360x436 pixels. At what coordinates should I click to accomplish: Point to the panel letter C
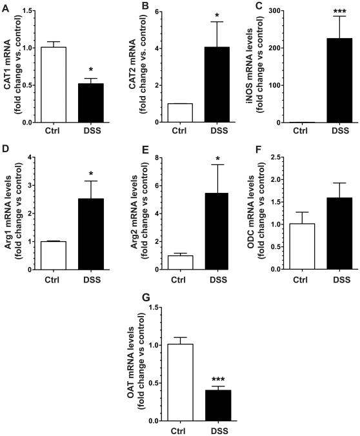point(257,6)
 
